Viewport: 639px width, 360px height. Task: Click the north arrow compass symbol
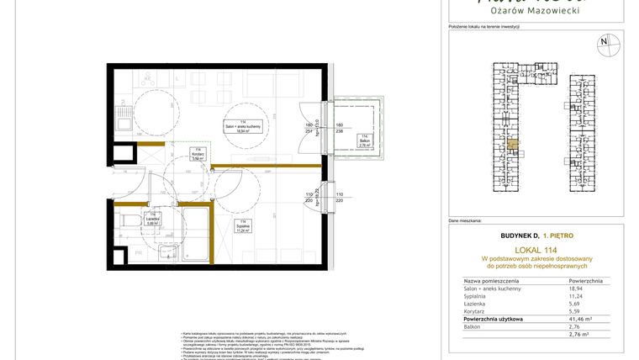tap(603, 42)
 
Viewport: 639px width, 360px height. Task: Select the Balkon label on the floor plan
tap(363, 141)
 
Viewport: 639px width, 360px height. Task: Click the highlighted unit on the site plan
tap(511, 146)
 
